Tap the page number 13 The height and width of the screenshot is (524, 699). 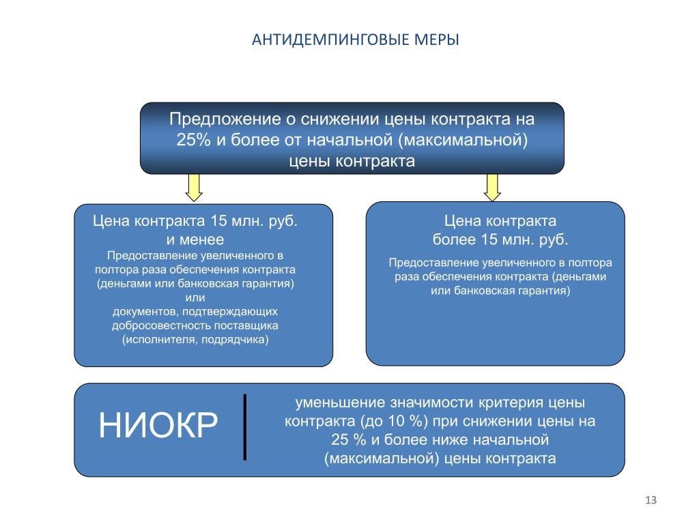pos(650,501)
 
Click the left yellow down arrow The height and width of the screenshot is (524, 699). pos(195,187)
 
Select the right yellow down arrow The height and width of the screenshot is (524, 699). pos(492,187)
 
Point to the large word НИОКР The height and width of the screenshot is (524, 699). pos(158,426)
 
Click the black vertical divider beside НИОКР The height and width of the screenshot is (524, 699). pos(244,426)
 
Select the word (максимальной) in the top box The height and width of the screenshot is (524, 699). pos(465,141)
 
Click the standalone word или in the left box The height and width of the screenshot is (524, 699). pos(195,297)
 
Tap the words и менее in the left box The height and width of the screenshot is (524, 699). pos(195,239)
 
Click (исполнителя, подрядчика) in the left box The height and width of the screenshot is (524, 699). pos(195,339)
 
